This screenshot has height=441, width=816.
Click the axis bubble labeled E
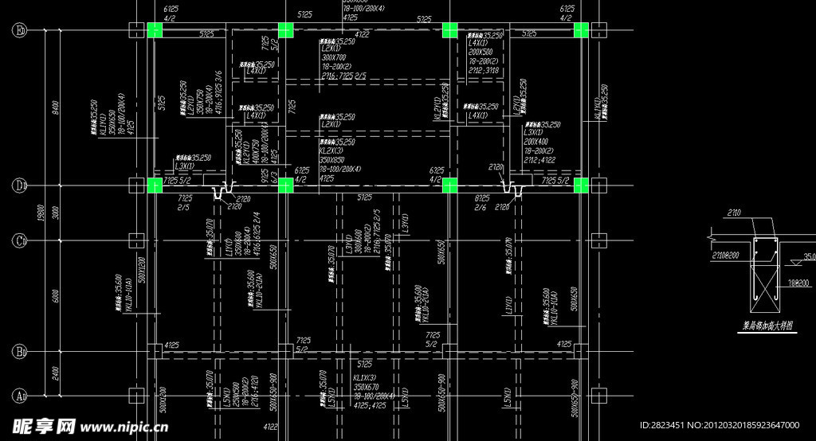pos(18,31)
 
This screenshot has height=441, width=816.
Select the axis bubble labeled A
pos(18,394)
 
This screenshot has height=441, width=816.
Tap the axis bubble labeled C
pos(18,240)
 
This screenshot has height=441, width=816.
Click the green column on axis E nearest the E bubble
pos(155,31)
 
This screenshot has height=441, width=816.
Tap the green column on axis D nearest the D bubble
pos(155,185)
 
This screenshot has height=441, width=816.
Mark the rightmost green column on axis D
pos(580,185)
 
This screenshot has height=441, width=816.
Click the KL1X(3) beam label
pos(364,378)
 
